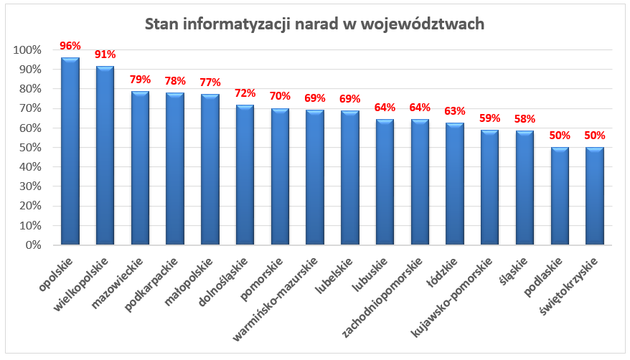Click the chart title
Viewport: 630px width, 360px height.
314,24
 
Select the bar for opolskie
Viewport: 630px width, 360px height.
70,151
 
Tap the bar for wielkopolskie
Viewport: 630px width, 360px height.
105,156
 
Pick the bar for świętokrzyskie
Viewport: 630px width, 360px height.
594,196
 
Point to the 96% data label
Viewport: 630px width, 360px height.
70,46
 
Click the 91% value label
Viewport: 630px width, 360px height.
105,55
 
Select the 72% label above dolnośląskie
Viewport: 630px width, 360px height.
245,93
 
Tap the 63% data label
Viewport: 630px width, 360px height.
454,111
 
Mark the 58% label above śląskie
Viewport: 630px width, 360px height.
525,119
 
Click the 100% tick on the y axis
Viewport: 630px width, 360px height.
27,50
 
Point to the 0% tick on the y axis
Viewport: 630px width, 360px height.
33,245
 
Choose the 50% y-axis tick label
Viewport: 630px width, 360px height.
30,148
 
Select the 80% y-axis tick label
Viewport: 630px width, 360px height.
30,89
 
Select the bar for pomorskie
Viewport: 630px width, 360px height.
279,176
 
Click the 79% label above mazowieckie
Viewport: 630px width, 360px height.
140,80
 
